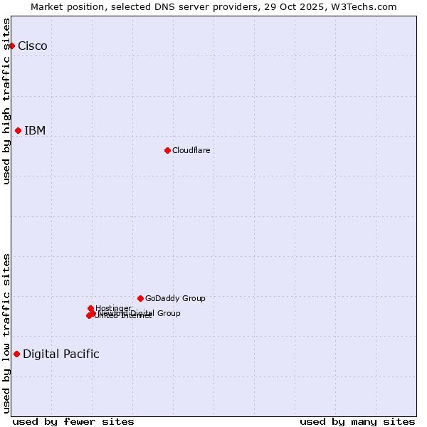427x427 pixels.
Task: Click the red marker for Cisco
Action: click(x=11, y=46)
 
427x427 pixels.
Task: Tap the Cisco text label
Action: click(x=33, y=46)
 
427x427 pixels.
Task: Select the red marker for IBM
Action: click(x=19, y=130)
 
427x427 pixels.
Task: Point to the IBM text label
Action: click(x=35, y=130)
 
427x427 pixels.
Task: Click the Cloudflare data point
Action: click(x=167, y=150)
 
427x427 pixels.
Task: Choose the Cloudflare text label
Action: click(x=191, y=150)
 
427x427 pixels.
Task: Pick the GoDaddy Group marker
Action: click(x=140, y=298)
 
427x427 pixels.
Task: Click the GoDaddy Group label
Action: click(x=175, y=298)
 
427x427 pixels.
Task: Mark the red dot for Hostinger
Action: click(x=91, y=308)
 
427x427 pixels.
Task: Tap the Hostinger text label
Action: click(x=113, y=308)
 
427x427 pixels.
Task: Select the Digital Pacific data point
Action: click(x=16, y=354)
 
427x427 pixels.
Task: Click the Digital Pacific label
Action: click(x=61, y=354)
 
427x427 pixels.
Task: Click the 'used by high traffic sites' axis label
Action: click(x=7, y=101)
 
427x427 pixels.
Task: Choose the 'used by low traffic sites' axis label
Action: click(x=7, y=333)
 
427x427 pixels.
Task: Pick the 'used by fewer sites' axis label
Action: click(x=73, y=421)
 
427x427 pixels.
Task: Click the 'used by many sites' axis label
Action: click(x=357, y=421)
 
